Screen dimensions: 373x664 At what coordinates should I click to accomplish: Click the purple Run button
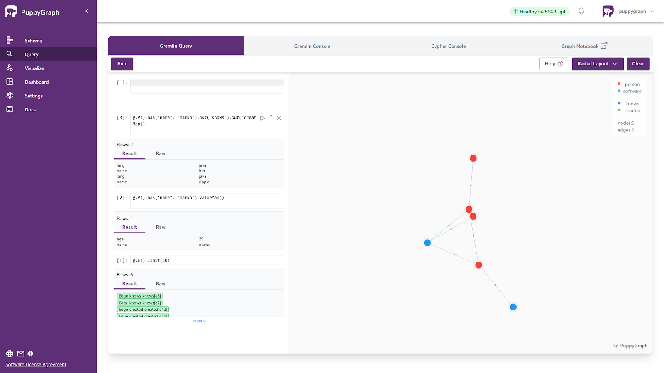[122, 64]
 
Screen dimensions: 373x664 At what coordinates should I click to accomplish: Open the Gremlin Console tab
[312, 46]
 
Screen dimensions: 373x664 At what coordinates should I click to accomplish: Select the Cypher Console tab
[448, 46]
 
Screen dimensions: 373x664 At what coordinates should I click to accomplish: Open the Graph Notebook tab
[584, 46]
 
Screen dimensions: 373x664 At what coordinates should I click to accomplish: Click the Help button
[554, 64]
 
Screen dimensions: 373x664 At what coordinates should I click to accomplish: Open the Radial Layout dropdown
[597, 64]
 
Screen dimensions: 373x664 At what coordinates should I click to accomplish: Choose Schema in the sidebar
[33, 41]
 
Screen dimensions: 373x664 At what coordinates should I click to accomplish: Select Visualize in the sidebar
[34, 68]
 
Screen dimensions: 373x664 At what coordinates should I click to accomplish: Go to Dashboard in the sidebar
[37, 82]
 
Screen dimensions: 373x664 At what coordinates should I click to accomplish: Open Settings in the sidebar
[34, 96]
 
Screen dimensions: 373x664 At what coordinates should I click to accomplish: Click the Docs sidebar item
[30, 110]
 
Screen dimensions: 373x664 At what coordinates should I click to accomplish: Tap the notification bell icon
[581, 12]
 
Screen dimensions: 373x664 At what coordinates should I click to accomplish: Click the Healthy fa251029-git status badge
[539, 12]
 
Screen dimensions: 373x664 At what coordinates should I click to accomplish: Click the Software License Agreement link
[36, 365]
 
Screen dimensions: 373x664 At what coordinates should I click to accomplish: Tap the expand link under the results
[199, 320]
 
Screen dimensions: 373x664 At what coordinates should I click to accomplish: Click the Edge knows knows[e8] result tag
[140, 296]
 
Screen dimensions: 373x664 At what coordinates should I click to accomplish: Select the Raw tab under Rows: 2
[161, 153]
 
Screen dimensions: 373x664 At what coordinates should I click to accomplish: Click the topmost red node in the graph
[473, 158]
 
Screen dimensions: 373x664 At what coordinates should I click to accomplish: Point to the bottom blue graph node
[513, 307]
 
